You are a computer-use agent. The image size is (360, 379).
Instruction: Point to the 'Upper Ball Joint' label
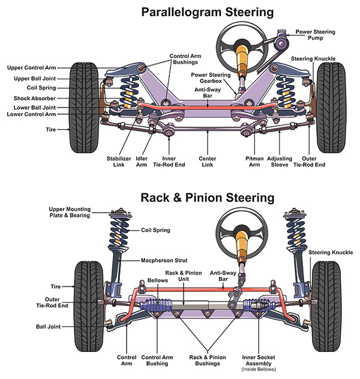click(x=35, y=79)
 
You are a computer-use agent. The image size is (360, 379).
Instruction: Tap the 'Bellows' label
click(x=157, y=280)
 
